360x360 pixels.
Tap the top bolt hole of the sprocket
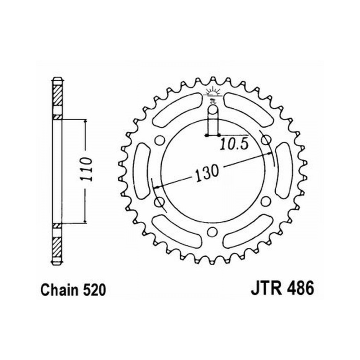213,110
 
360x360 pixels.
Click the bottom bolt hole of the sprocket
212,231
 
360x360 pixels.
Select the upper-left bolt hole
159,140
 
